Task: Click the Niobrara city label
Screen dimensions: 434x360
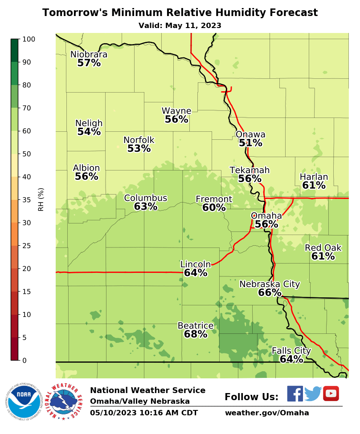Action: pyautogui.click(x=89, y=54)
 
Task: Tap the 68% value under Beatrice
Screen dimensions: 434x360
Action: pyautogui.click(x=196, y=334)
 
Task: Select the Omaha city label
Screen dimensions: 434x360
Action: pyautogui.click(x=266, y=216)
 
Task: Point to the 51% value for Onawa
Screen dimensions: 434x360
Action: pyautogui.click(x=250, y=143)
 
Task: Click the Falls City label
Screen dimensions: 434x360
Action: pyautogui.click(x=291, y=351)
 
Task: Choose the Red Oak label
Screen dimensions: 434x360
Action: pyautogui.click(x=323, y=248)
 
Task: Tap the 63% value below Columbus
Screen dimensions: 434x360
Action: pyautogui.click(x=145, y=207)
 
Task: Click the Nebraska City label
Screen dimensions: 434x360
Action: pyautogui.click(x=270, y=284)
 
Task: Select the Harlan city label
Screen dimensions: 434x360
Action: pyautogui.click(x=314, y=177)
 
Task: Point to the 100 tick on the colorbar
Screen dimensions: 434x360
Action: pyautogui.click(x=29, y=39)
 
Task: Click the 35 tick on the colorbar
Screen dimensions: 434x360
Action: pyautogui.click(x=29, y=200)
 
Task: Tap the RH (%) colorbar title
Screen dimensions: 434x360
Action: pyautogui.click(x=41, y=199)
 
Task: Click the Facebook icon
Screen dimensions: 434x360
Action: pyautogui.click(x=295, y=394)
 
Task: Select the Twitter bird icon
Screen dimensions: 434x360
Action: pyautogui.click(x=313, y=394)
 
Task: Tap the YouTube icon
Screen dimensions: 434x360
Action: pyautogui.click(x=331, y=393)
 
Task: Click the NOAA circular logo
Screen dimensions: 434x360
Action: pyautogui.click(x=24, y=401)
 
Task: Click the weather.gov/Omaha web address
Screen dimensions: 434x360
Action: pyautogui.click(x=266, y=413)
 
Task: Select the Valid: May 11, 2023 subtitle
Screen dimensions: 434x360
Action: pyautogui.click(x=180, y=26)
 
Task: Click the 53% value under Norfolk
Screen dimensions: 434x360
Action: pyautogui.click(x=139, y=149)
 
